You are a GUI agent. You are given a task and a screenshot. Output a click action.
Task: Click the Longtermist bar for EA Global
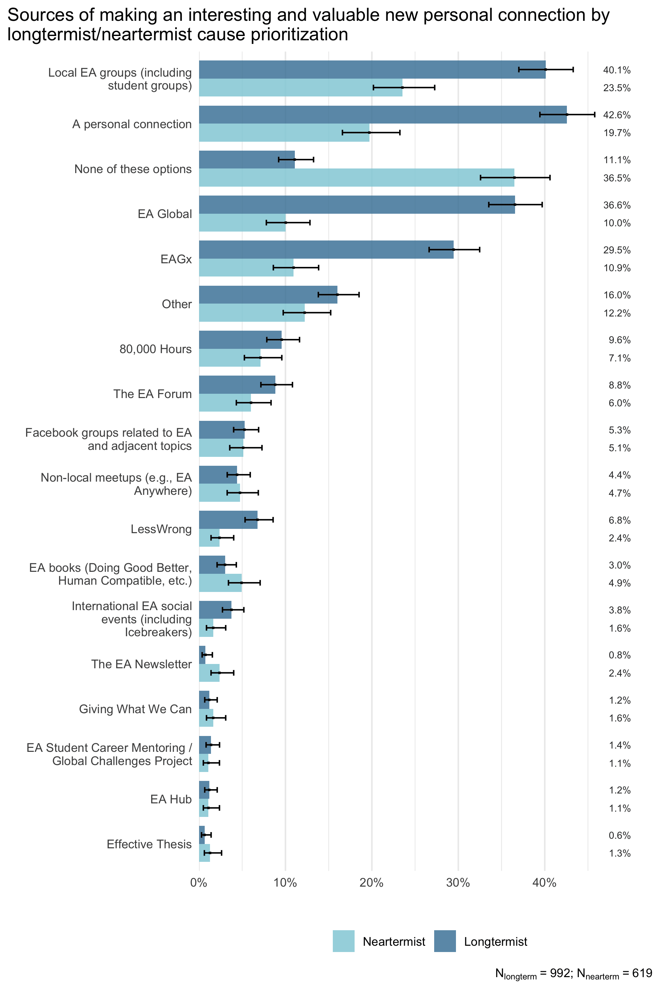[357, 205]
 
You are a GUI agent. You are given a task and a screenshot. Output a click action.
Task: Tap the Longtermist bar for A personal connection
[383, 115]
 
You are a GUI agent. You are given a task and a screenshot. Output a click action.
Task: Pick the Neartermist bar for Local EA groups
[300, 88]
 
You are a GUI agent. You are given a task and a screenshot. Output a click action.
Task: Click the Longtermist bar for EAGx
[326, 250]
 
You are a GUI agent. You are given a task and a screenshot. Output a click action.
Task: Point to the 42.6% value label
[617, 115]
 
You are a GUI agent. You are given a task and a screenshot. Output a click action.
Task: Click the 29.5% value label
[617, 250]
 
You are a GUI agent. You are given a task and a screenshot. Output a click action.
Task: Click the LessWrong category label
[161, 529]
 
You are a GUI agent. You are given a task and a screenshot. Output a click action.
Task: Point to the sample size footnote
[573, 974]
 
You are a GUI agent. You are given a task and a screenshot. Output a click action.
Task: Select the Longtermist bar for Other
[268, 295]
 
